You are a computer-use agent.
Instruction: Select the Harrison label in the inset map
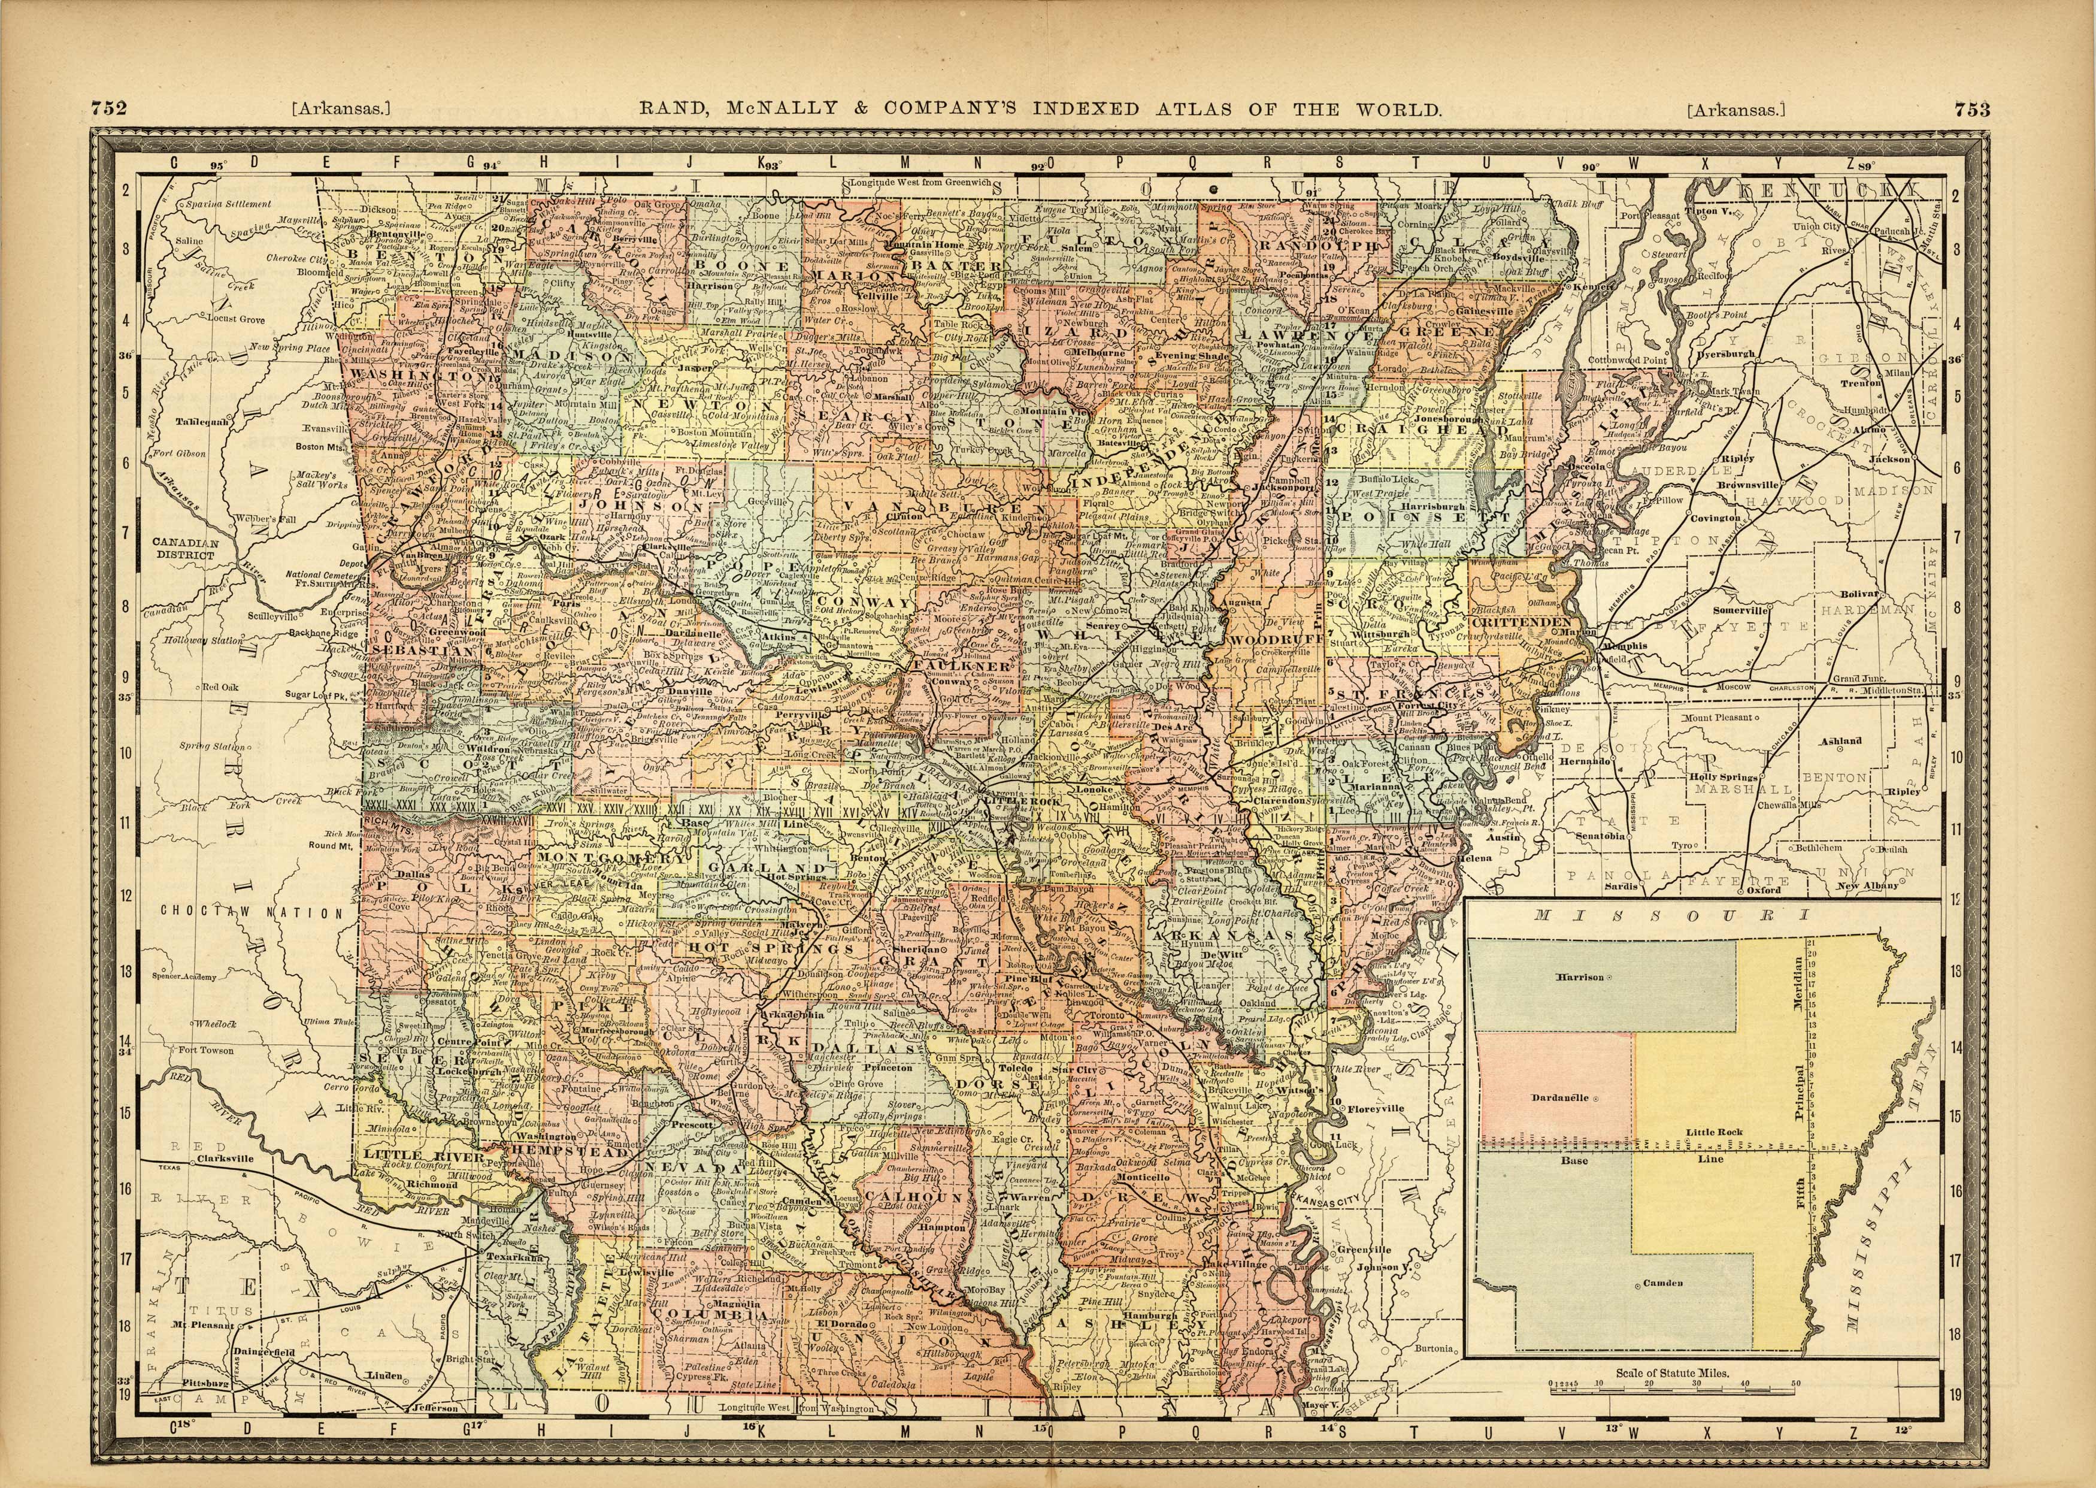point(1581,977)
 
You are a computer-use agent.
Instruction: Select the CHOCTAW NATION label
point(251,912)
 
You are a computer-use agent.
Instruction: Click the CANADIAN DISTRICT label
point(186,548)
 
